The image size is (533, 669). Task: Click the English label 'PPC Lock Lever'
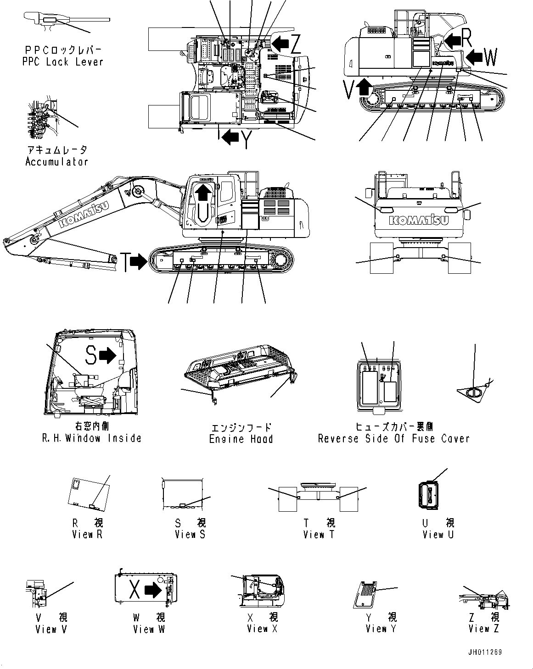[x=63, y=62]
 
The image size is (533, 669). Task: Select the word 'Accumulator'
[x=56, y=161]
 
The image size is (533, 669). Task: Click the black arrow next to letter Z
[x=280, y=44]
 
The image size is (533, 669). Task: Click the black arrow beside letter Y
[x=229, y=136]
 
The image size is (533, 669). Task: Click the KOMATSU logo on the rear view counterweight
[x=418, y=220]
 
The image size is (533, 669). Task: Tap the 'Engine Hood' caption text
[x=241, y=439]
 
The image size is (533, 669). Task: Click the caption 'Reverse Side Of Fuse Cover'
[x=394, y=438]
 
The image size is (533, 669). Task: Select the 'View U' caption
[x=438, y=534]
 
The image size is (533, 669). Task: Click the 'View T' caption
[x=320, y=534]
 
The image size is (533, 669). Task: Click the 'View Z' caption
[x=483, y=629]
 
